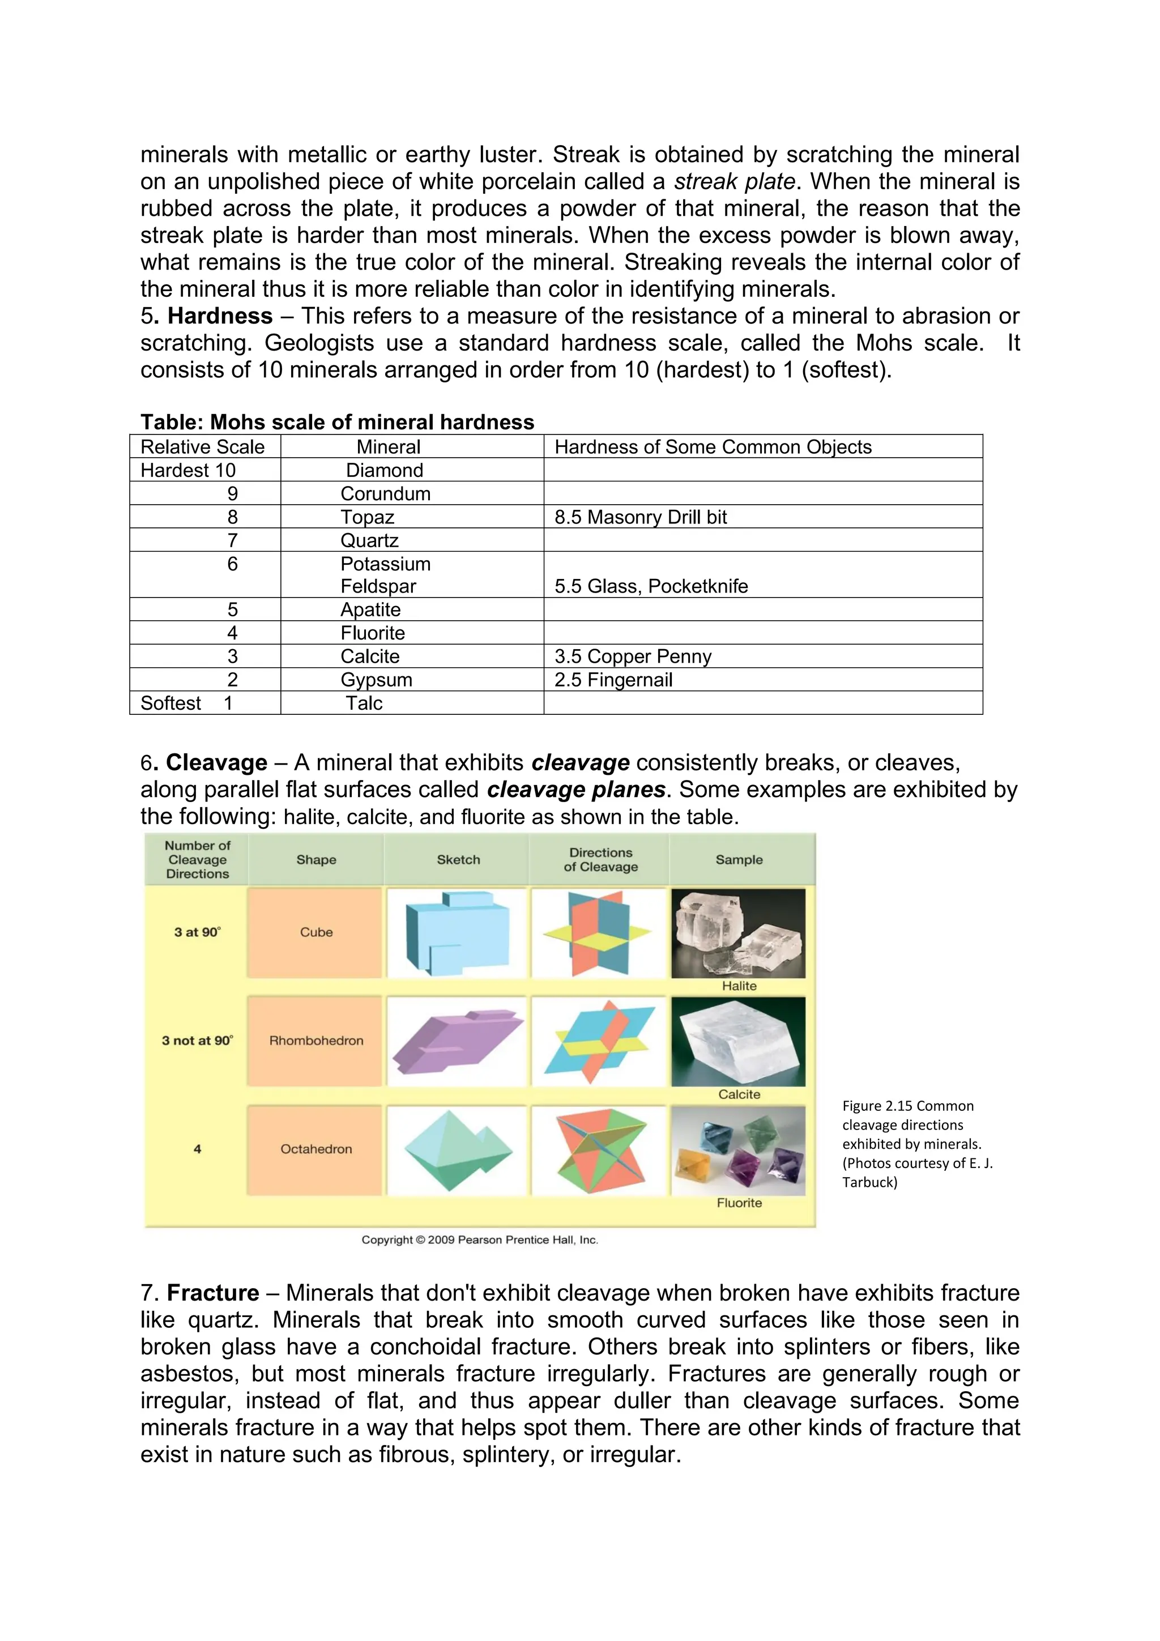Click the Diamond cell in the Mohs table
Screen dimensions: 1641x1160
[385, 470]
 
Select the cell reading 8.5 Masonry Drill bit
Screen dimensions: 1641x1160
[641, 518]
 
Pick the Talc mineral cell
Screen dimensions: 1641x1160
[365, 704]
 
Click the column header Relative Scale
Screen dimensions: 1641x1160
[202, 447]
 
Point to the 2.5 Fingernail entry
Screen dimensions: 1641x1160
[613, 680]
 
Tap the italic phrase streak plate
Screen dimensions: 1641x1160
[734, 181]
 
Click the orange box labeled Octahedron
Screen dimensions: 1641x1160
[316, 1149]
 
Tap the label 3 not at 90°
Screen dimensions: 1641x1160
[197, 1041]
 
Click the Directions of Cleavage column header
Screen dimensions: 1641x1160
[600, 860]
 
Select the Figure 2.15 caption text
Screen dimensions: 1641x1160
[917, 1144]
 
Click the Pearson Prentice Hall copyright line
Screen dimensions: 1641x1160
[480, 1240]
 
